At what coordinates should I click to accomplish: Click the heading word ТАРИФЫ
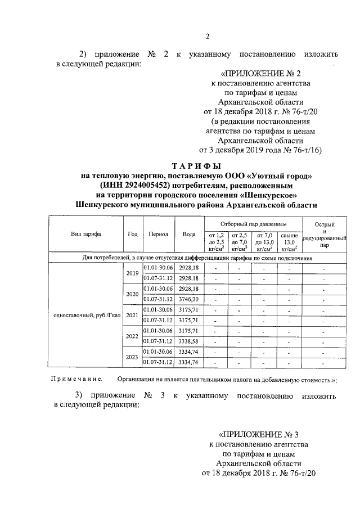pos(196,165)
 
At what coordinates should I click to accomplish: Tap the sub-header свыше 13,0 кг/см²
pos(289,240)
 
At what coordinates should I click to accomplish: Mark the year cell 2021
pos(132,314)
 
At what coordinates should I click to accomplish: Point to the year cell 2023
pos(132,357)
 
